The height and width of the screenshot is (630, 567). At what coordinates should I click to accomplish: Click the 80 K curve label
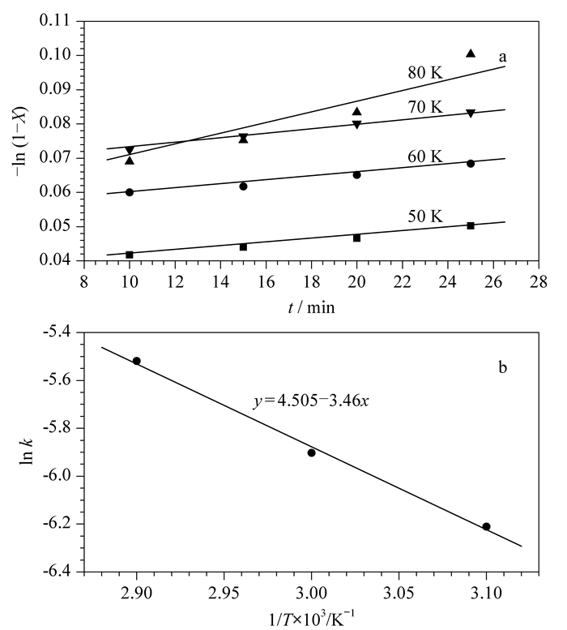425,73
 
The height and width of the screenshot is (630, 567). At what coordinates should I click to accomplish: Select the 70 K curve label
425,107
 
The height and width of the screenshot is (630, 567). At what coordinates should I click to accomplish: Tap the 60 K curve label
425,156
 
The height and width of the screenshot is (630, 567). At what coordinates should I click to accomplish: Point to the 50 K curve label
425,216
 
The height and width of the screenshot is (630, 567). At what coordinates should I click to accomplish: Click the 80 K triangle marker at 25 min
471,53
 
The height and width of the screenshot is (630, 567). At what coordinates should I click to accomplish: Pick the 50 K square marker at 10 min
130,255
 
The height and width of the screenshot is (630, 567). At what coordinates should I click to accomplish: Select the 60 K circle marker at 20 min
356,175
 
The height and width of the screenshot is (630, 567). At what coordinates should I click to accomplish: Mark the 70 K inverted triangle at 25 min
471,114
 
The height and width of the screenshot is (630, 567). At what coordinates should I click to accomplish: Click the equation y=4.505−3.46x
311,401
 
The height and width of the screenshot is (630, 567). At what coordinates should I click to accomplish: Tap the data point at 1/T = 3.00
311,452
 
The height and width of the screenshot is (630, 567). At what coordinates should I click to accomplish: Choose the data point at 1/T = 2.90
136,361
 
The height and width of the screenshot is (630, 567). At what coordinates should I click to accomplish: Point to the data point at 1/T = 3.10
486,526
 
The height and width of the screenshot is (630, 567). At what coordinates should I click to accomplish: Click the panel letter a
502,57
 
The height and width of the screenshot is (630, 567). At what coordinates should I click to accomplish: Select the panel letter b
502,366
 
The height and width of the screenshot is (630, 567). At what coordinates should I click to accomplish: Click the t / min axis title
311,307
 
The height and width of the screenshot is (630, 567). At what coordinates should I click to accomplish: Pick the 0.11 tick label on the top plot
54,20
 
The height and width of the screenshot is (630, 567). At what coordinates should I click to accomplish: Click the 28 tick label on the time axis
539,282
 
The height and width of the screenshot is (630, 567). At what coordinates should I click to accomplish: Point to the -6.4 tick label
58,572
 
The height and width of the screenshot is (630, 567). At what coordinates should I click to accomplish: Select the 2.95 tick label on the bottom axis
224,593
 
